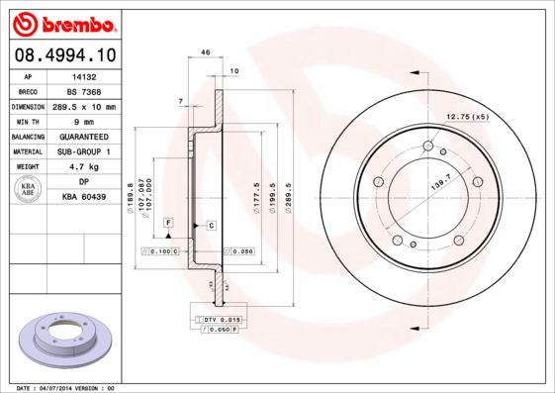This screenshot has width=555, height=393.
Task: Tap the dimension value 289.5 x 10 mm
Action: pyautogui.click(x=84, y=106)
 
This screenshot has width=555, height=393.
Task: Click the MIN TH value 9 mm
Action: pyautogui.click(x=84, y=121)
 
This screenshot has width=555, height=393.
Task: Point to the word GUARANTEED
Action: pyautogui.click(x=84, y=137)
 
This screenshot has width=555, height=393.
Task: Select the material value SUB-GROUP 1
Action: pyautogui.click(x=84, y=151)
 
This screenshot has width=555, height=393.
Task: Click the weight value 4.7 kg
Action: pyautogui.click(x=84, y=167)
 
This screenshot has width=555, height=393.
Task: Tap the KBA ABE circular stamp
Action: pyautogui.click(x=30, y=190)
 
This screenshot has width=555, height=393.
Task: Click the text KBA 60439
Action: pyautogui.click(x=84, y=198)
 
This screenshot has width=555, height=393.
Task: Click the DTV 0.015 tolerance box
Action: pyautogui.click(x=222, y=320)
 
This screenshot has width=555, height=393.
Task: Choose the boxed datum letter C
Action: pyautogui.click(x=211, y=226)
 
